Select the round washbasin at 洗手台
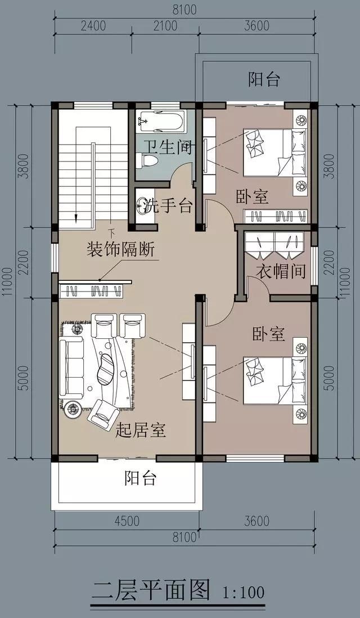click(143, 205)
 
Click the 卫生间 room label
click(166, 147)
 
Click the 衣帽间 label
click(281, 272)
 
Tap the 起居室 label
click(140, 431)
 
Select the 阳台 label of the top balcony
click(264, 80)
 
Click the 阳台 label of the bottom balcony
click(140, 479)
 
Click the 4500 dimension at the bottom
click(127, 521)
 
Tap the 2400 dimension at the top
click(93, 26)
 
